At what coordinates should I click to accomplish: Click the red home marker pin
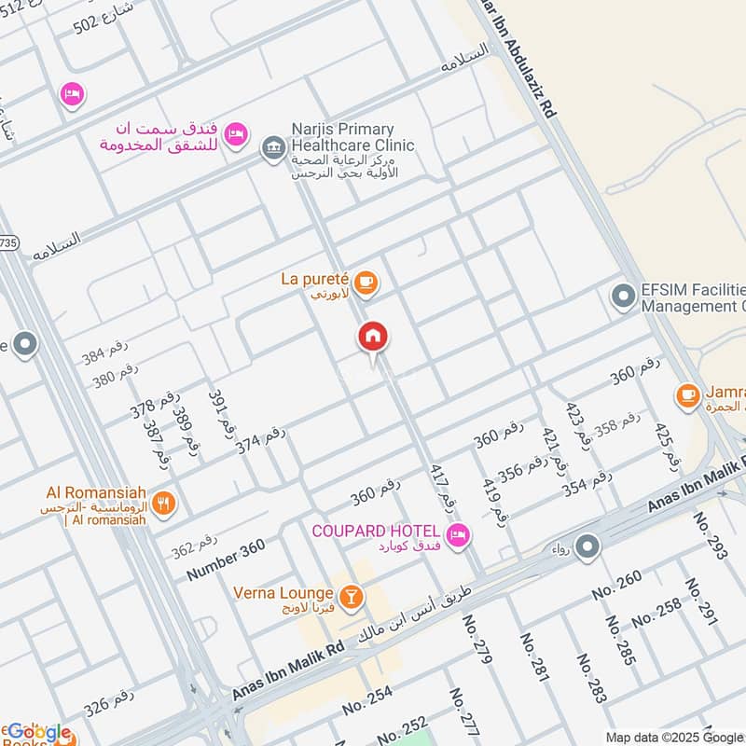(x=373, y=338)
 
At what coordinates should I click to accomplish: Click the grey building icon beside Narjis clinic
(x=272, y=148)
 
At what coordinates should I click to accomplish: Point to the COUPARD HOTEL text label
(x=378, y=532)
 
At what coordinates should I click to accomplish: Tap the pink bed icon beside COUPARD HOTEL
(x=458, y=534)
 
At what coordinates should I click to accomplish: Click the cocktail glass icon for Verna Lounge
(x=351, y=594)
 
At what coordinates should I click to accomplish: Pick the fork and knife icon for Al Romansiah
(x=164, y=504)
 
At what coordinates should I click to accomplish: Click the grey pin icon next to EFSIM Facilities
(x=622, y=297)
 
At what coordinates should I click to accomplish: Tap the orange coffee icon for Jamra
(x=688, y=395)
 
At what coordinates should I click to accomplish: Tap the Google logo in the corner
(x=37, y=733)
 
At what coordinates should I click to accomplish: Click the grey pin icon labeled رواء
(x=587, y=547)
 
